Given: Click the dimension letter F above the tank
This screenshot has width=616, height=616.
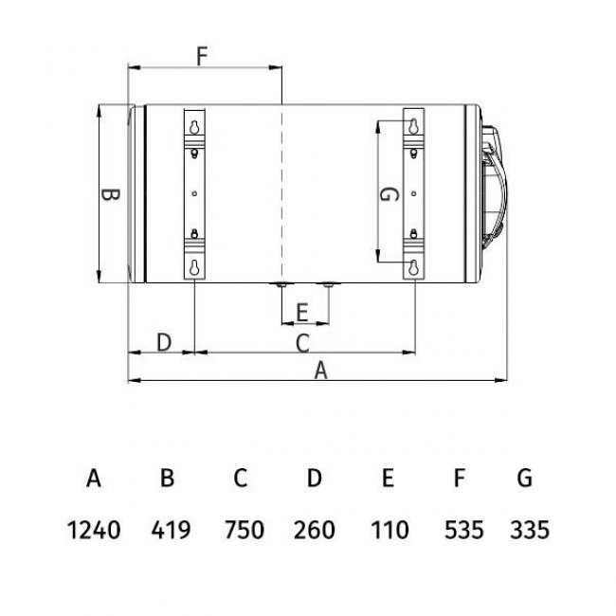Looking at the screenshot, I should point(202,56).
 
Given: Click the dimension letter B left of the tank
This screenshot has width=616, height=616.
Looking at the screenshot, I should point(110,196).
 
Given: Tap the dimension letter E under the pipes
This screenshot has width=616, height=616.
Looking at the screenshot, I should point(302,312).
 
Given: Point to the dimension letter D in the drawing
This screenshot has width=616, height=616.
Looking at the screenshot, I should point(162,341).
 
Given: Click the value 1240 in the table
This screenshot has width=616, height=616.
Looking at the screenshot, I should point(94,529).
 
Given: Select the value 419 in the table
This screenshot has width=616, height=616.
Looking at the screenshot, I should point(168,529).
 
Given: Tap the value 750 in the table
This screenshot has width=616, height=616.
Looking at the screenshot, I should point(242,529).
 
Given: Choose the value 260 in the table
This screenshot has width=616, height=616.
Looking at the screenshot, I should point(315,529).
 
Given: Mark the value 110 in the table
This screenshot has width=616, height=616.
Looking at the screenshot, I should point(389,529).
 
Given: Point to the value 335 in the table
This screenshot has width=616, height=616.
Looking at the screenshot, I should point(528,529).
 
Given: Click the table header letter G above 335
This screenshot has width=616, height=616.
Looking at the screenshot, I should point(525,478).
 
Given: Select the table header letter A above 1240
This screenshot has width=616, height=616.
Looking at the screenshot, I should point(94,478).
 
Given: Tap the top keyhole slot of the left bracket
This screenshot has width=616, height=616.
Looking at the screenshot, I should point(194,125).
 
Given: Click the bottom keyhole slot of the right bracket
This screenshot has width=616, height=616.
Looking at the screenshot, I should point(415,266).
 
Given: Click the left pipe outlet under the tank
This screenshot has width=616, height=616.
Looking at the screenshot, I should point(282,284).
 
